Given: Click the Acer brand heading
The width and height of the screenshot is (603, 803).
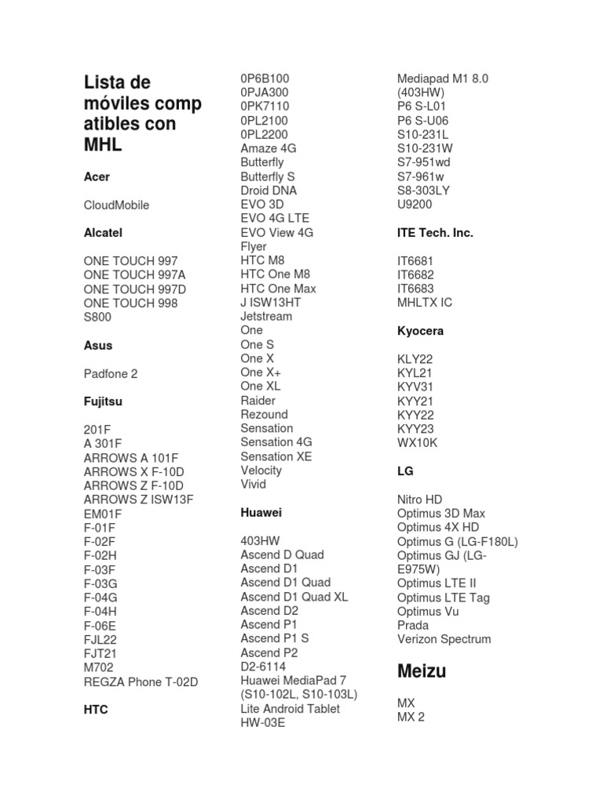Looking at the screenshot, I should [x=97, y=177].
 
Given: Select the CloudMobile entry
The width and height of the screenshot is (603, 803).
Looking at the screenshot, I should [x=116, y=205].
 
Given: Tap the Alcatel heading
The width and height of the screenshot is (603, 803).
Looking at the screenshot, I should [x=103, y=233].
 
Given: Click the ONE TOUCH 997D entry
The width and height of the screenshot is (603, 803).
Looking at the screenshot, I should [x=135, y=289].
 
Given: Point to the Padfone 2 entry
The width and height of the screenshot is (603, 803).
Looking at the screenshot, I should [x=111, y=374].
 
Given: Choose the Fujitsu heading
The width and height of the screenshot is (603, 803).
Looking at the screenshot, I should [x=103, y=401].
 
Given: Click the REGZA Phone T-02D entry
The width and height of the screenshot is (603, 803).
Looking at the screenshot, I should [x=141, y=682].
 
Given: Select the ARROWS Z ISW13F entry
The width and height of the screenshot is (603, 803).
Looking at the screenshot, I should [x=138, y=500].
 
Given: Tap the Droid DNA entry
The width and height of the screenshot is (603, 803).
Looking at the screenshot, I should [x=269, y=191].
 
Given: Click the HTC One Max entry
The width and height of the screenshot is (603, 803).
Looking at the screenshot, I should [x=278, y=289].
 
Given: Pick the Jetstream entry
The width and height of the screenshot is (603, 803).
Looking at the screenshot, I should [x=266, y=317].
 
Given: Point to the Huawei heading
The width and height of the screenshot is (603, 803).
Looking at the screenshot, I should [x=261, y=513].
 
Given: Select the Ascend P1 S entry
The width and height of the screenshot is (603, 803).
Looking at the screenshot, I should [x=275, y=638].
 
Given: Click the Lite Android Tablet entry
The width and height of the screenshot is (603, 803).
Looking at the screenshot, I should [x=291, y=709].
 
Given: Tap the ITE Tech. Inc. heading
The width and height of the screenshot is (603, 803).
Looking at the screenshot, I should [x=435, y=233].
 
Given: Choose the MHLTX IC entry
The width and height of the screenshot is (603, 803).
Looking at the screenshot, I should [x=425, y=303].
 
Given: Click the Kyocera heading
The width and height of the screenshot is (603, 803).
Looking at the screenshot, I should [x=420, y=331].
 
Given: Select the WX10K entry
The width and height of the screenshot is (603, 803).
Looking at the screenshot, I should [x=418, y=443].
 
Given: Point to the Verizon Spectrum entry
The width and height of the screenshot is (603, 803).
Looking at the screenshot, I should [x=444, y=639].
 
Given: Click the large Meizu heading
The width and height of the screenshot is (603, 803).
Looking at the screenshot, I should [x=422, y=671].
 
